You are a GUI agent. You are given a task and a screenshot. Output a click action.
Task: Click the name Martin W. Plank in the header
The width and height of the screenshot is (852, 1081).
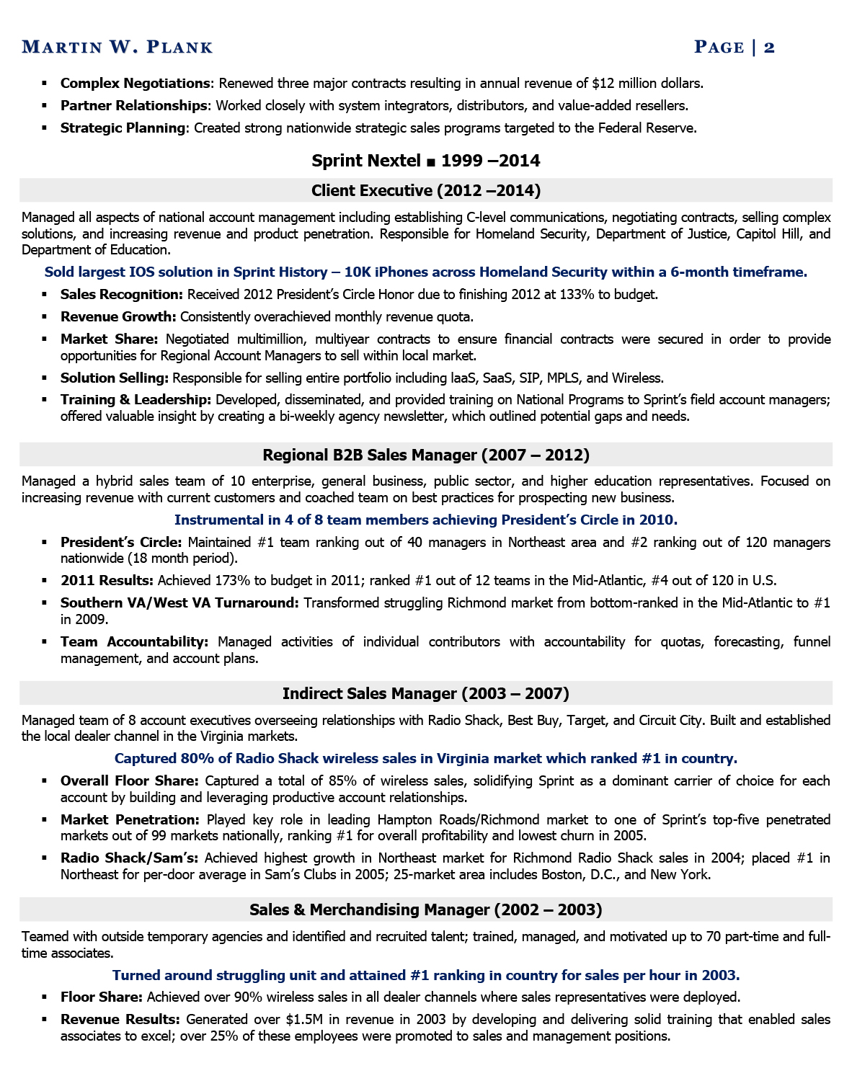pyautogui.click(x=117, y=48)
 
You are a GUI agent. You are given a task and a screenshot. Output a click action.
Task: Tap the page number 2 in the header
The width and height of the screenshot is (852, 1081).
pyautogui.click(x=769, y=48)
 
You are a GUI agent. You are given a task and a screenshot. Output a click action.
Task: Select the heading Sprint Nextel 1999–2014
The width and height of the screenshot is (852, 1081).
pyautogui.click(x=425, y=161)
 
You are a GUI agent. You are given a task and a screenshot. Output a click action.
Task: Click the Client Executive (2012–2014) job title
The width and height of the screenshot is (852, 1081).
pyautogui.click(x=425, y=190)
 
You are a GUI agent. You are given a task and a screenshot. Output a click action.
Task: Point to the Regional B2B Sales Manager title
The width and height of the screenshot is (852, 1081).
pyautogui.click(x=425, y=455)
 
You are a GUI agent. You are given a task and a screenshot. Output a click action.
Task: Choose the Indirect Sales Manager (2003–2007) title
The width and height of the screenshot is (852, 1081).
pyautogui.click(x=425, y=693)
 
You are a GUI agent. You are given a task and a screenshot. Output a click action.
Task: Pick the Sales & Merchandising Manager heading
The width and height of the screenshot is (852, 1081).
pyautogui.click(x=425, y=909)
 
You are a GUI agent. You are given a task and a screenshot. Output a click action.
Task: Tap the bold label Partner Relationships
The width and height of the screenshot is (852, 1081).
pyautogui.click(x=134, y=106)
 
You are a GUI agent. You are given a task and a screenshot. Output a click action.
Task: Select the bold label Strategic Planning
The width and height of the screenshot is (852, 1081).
pyautogui.click(x=123, y=128)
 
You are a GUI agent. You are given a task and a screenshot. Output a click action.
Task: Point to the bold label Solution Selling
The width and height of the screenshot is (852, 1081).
pyautogui.click(x=115, y=378)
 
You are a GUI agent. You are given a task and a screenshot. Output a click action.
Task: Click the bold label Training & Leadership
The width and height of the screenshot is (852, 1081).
pyautogui.click(x=136, y=400)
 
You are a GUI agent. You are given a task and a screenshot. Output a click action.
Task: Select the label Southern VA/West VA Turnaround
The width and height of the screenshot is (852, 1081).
pyautogui.click(x=179, y=603)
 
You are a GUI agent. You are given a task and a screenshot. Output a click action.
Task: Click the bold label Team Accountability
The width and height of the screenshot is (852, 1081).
pyautogui.click(x=134, y=642)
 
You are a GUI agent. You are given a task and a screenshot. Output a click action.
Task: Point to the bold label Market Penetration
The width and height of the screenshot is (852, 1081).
pyautogui.click(x=130, y=820)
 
